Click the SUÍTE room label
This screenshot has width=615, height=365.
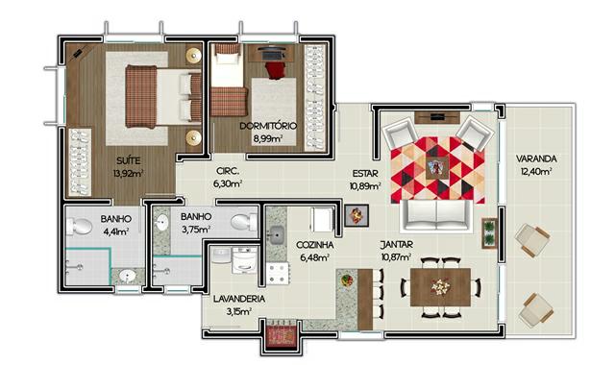point(128,160)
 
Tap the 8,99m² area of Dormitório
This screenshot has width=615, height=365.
point(268,138)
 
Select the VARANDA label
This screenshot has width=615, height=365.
point(536,158)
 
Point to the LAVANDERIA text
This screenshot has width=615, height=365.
point(239,299)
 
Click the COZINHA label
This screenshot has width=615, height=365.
point(314,245)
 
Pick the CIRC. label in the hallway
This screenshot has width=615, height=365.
point(228,171)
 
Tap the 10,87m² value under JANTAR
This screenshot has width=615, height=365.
point(396,257)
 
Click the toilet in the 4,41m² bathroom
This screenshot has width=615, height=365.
point(80,227)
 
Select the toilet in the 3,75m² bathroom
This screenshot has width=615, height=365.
point(243,222)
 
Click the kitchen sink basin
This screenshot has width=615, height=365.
point(278,235)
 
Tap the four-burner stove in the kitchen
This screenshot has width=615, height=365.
point(278,274)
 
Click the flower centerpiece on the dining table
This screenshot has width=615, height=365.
point(440,287)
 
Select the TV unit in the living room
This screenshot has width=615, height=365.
point(437,117)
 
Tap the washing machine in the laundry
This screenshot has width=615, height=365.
point(244,260)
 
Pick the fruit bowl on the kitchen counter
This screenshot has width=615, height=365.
point(347,280)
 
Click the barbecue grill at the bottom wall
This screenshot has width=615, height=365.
point(281,334)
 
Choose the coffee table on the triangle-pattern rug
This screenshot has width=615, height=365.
point(437,168)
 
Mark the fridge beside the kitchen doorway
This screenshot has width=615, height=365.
point(322,220)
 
